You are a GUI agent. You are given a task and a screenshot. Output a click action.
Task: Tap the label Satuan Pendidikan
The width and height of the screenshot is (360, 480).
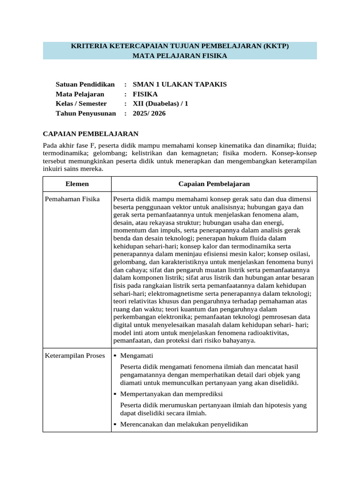pos(85,84)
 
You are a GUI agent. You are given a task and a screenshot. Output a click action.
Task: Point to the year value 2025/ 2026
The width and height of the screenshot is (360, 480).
pos(149,113)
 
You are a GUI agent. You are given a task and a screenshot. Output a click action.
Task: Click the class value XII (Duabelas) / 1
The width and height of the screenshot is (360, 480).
pos(160,104)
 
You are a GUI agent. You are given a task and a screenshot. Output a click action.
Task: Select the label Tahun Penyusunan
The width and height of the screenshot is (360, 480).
pos(86,113)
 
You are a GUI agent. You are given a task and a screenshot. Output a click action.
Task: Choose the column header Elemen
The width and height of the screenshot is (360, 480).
pos(77,184)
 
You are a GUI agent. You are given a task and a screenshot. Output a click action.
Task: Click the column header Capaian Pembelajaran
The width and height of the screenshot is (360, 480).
pos(214,184)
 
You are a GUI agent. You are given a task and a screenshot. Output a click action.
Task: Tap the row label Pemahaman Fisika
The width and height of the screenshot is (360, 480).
pos(72,199)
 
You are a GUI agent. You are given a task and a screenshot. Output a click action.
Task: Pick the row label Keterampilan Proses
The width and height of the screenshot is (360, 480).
pos(75,355)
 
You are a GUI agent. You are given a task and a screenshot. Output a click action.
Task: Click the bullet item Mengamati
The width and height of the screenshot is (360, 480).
pos(136,355)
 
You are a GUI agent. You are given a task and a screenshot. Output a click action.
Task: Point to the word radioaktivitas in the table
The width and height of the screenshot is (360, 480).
pos(262,333)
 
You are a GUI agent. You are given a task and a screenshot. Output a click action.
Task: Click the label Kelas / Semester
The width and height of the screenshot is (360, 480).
pos(81,104)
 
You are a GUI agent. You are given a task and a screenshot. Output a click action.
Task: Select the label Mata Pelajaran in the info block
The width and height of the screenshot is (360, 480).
pos(80,94)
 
